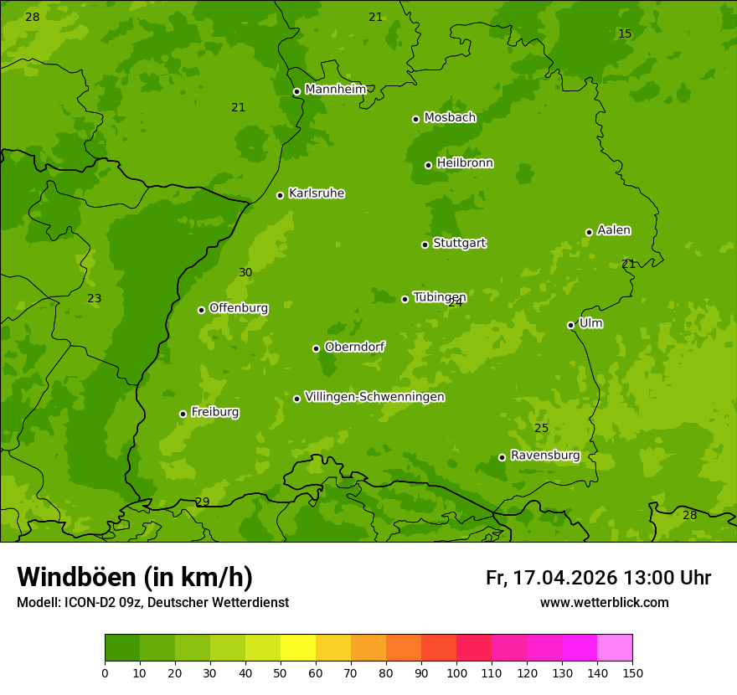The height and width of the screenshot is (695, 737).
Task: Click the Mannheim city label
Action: click(x=335, y=89)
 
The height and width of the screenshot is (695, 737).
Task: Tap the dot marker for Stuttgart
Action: click(x=425, y=245)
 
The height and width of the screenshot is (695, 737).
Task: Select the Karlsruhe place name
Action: click(x=316, y=193)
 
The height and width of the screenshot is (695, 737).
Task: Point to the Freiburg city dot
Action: click(x=183, y=414)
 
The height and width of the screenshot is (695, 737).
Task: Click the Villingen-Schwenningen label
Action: click(x=374, y=397)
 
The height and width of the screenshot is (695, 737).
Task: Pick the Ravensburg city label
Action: click(x=544, y=456)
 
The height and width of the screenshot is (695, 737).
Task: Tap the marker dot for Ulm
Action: click(x=570, y=325)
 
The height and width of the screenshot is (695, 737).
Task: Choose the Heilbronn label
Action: click(x=464, y=163)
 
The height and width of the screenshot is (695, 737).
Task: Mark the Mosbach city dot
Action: click(x=415, y=119)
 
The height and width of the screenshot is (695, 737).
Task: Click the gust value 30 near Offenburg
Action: click(x=245, y=272)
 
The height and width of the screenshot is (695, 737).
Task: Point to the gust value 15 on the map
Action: click(x=625, y=33)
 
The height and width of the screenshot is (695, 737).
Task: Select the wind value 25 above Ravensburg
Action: click(x=542, y=428)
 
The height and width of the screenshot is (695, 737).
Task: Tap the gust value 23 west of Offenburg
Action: click(x=95, y=298)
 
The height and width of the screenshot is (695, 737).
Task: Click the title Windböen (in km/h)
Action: click(x=135, y=577)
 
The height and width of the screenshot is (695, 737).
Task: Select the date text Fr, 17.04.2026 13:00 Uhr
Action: click(x=598, y=578)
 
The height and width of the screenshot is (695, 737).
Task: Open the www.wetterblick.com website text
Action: click(x=604, y=603)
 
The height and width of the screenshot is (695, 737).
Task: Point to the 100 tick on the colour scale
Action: click(x=456, y=672)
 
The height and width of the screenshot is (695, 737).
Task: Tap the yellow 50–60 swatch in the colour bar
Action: click(x=298, y=648)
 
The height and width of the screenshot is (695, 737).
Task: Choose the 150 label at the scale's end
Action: click(x=632, y=672)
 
